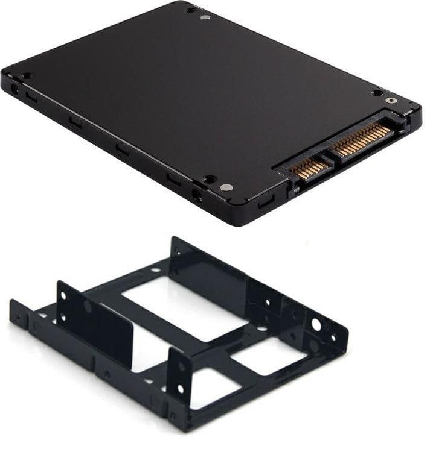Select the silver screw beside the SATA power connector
(391, 101)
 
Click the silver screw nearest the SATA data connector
(227, 187)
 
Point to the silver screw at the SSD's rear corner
(204, 17)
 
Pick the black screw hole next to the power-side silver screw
(376, 93)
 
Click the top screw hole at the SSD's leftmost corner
(27, 76)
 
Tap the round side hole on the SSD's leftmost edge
(14, 89)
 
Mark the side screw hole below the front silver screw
(197, 195)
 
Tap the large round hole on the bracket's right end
(316, 325)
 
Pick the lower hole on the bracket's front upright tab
(180, 388)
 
